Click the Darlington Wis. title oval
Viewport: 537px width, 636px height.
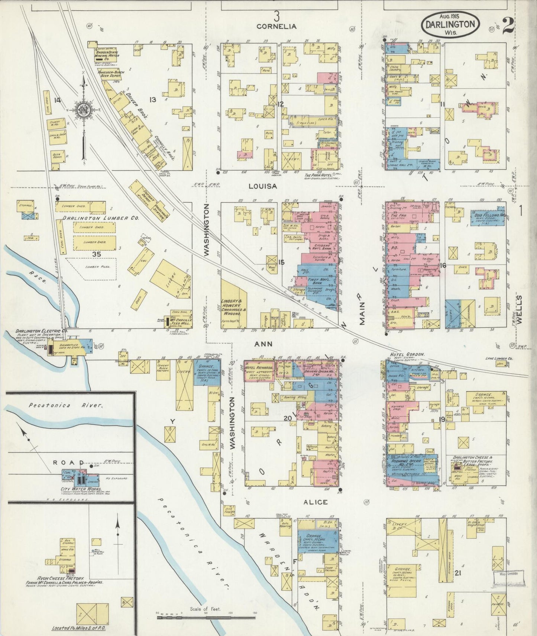click(450, 24)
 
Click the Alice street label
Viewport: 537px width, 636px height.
click(315, 502)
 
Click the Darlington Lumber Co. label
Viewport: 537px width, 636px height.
click(100, 218)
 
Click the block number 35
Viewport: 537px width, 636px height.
click(96, 254)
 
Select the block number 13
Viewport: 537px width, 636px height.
click(152, 99)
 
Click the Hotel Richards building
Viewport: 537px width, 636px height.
click(259, 370)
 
